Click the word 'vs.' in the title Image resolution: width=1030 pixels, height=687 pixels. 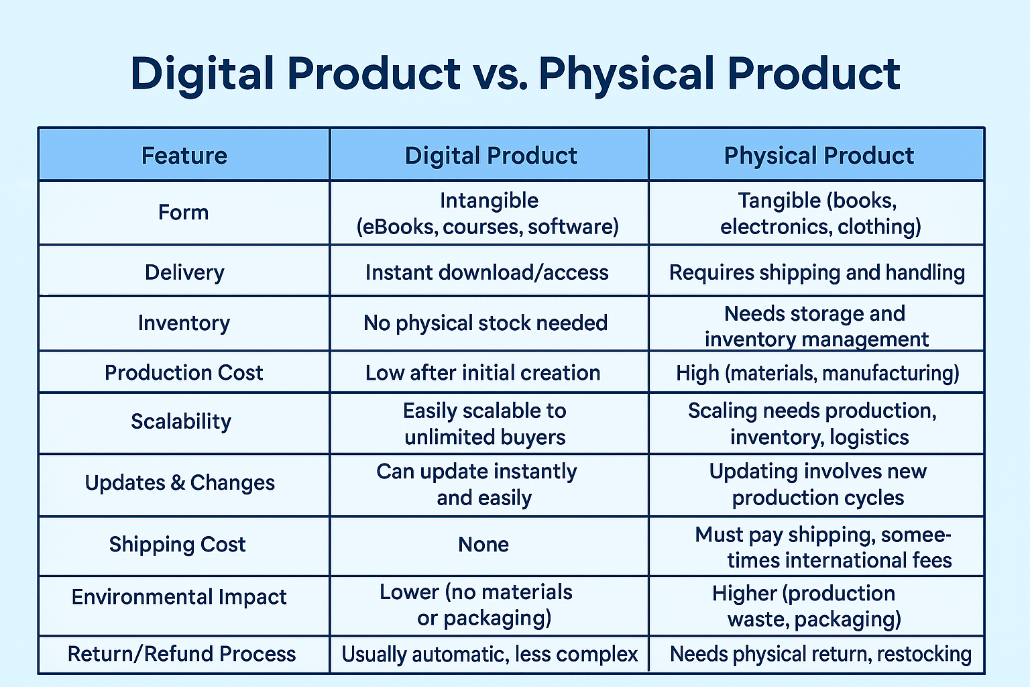(x=500, y=74)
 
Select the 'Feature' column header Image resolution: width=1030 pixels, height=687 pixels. (x=184, y=156)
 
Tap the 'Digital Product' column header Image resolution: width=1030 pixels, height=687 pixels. (x=491, y=156)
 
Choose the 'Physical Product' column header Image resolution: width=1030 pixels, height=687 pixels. (x=819, y=156)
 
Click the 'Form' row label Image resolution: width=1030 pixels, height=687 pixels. (x=184, y=213)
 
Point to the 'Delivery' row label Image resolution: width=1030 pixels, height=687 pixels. (x=184, y=273)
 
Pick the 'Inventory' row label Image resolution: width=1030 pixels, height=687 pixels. (x=184, y=323)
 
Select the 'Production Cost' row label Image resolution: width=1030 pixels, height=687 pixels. (x=184, y=373)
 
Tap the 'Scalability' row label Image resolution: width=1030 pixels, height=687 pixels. (x=180, y=422)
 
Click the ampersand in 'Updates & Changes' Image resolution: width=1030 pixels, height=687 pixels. (x=178, y=482)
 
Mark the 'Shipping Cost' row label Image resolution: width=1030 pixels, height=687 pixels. (x=177, y=545)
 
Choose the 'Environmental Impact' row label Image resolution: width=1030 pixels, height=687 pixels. (x=179, y=597)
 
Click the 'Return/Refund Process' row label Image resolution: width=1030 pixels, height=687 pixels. (x=182, y=654)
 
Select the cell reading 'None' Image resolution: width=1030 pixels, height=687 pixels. (x=483, y=545)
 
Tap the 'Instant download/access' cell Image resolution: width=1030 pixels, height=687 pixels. (x=487, y=273)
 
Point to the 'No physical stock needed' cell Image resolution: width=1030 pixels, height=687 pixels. (x=485, y=323)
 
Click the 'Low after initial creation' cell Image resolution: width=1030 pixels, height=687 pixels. (x=483, y=373)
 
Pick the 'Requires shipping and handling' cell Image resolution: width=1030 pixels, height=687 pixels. (x=817, y=273)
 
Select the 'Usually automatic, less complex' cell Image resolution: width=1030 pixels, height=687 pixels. (x=490, y=654)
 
